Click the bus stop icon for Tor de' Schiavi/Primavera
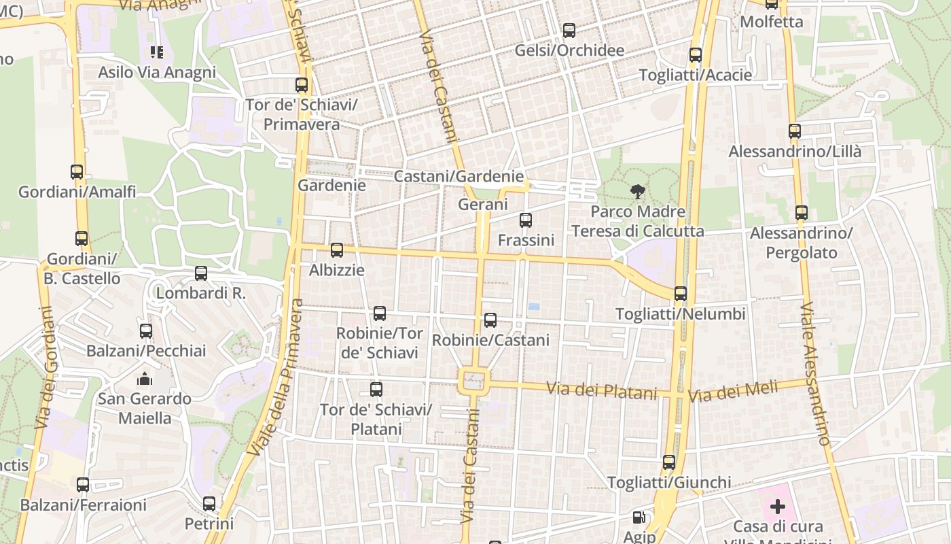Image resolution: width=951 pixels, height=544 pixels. (302, 85)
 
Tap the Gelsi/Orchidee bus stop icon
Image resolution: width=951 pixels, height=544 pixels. (569, 31)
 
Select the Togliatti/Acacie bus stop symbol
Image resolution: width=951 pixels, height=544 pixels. (696, 55)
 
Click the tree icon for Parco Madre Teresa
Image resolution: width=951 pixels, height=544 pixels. (637, 192)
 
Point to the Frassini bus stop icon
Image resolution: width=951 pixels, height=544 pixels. (526, 220)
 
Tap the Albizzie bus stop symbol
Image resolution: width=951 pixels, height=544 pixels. (337, 250)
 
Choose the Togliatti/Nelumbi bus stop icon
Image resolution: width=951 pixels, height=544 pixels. (681, 294)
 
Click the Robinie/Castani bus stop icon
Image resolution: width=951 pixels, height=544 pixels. (490, 320)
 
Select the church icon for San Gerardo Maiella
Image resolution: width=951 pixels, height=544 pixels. (145, 379)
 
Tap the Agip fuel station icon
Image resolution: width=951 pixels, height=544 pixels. (639, 518)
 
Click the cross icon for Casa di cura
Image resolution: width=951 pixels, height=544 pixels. (778, 507)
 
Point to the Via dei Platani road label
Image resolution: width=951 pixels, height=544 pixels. (603, 392)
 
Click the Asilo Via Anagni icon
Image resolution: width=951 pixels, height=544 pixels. (157, 52)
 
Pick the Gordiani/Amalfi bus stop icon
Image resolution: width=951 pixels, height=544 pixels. (77, 172)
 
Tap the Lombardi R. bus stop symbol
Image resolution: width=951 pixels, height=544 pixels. (201, 273)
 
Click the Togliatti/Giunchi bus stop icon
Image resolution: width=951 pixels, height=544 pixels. (669, 462)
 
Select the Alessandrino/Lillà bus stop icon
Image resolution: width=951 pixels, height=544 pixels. (795, 131)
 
